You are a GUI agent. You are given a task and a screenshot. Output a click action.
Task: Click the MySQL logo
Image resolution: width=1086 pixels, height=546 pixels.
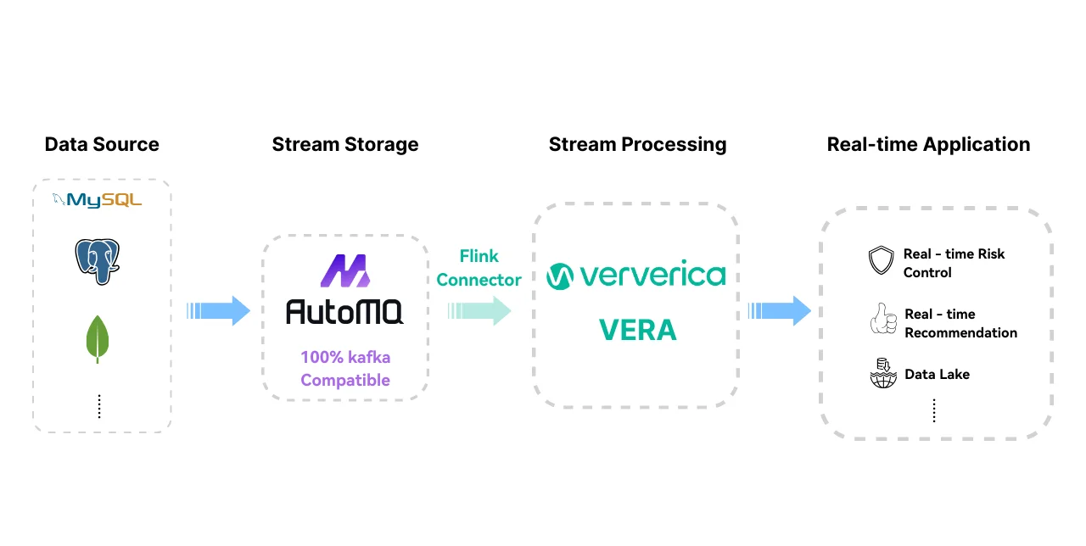coord(97,200)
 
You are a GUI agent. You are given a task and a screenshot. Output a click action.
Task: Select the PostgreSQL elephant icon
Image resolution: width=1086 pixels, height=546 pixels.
coord(97,260)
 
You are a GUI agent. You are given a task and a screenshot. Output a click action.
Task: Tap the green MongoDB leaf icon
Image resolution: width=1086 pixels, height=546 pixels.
coord(98,338)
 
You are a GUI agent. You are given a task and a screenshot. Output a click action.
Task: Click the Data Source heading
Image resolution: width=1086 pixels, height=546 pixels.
coord(102,144)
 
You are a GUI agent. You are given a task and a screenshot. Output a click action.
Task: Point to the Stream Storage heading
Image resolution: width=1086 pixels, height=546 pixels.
coord(344,144)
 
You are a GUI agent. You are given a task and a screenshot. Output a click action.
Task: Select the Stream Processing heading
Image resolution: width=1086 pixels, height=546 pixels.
coord(637,144)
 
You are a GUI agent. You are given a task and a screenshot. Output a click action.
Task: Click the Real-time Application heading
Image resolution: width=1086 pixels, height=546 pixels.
coord(928,144)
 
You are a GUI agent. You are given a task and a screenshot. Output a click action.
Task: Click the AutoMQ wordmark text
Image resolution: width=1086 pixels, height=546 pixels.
coord(344,312)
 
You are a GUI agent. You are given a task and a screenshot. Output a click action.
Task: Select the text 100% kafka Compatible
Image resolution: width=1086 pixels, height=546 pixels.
coord(345,369)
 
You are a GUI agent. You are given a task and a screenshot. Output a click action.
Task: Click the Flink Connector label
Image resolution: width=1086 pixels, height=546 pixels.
coord(479,268)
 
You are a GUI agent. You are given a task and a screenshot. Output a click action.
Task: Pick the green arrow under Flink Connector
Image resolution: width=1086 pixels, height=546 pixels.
coord(479,311)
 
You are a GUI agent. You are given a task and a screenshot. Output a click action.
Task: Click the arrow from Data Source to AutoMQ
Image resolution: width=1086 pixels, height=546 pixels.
coord(218,311)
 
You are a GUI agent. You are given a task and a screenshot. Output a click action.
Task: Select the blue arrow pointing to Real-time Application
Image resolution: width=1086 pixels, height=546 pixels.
coord(778,311)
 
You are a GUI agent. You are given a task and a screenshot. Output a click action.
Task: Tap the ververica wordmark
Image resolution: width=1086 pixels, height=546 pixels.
coord(636,276)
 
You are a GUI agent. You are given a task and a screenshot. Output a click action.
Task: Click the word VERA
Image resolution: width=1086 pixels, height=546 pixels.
coord(637,330)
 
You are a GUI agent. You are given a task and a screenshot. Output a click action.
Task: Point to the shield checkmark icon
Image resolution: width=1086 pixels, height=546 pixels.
coord(882,261)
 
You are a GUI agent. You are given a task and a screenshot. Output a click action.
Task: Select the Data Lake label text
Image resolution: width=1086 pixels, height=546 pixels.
coord(937,374)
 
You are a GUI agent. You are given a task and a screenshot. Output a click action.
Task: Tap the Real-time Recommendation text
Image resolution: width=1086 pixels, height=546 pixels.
coord(960,323)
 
